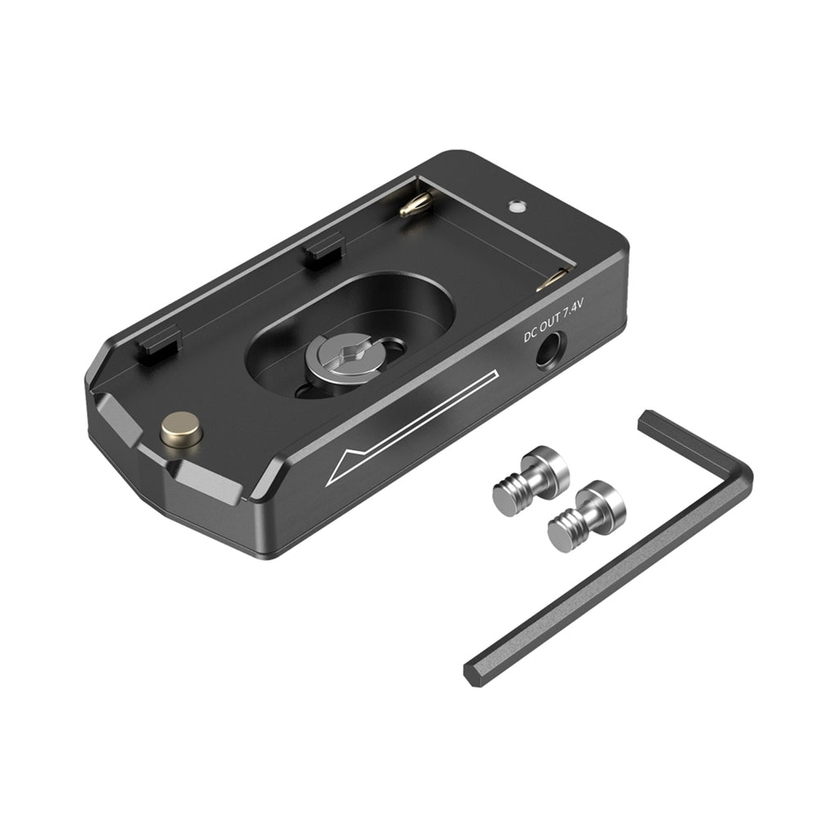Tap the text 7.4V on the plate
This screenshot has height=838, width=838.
tap(573, 310)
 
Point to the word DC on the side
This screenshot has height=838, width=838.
tap(529, 335)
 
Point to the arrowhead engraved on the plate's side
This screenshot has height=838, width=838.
tap(346, 465)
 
